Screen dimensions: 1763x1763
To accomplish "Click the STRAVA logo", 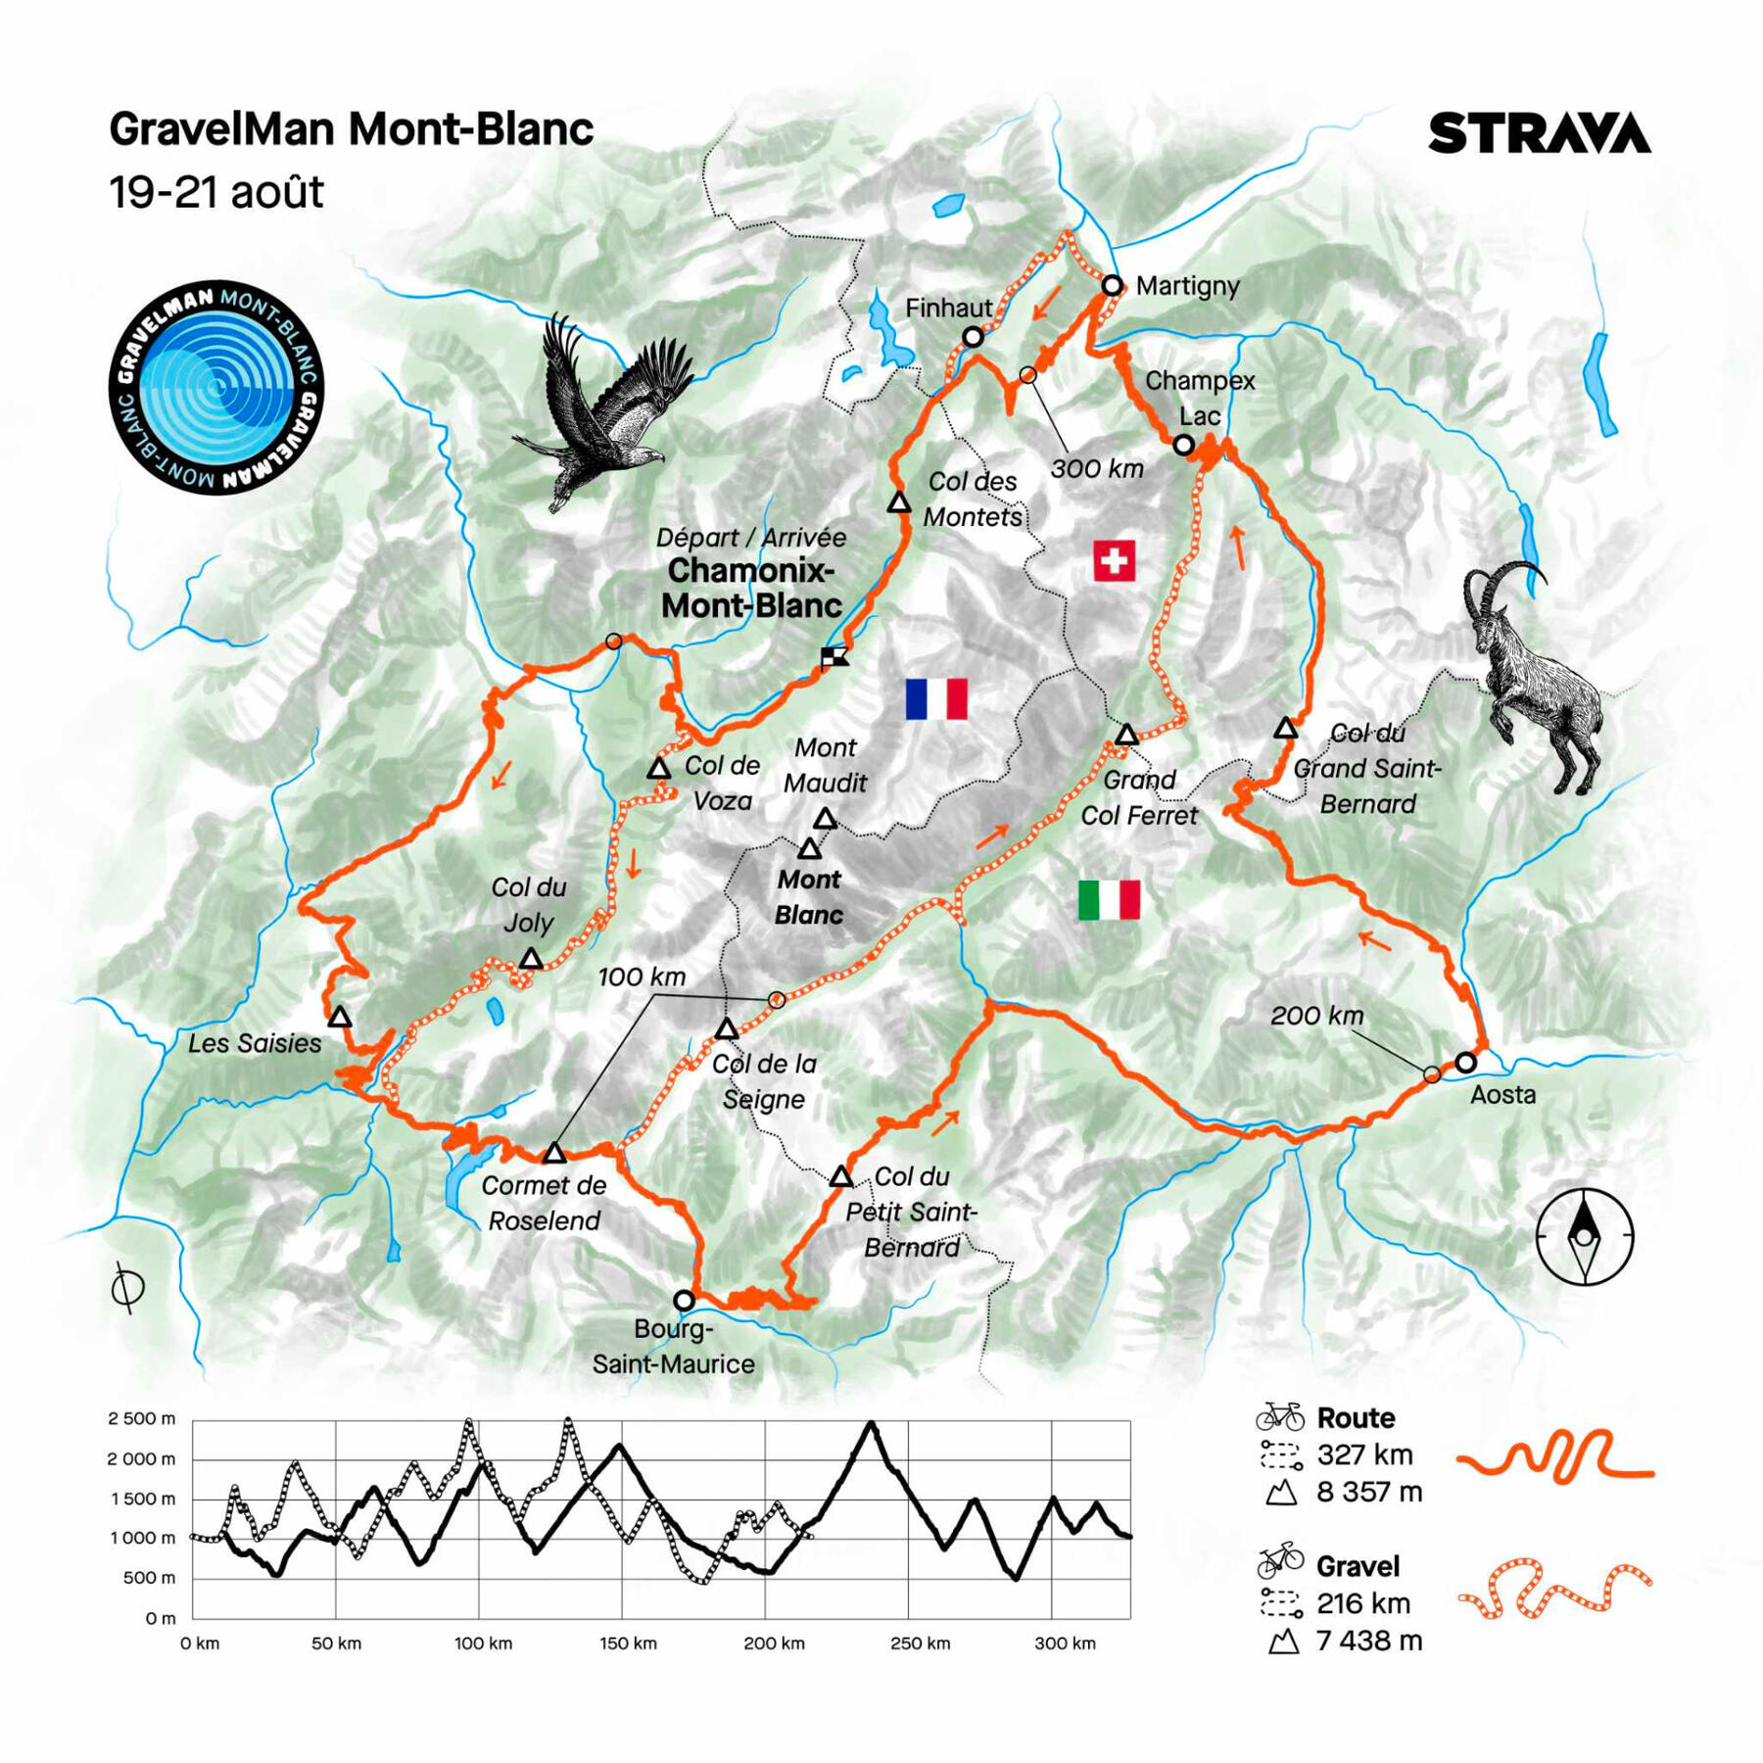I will click(1539, 133).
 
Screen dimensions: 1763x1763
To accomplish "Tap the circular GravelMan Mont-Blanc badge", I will click(215, 387).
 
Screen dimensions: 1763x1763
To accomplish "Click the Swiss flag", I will click(1114, 561).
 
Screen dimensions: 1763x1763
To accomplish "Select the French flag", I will click(936, 699).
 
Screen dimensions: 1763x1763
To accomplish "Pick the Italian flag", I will click(1109, 899).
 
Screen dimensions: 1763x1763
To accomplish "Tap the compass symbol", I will click(1584, 1236).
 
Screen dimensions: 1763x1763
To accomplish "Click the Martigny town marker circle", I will click(1112, 286).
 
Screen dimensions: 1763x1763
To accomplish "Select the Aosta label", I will click(1502, 1094).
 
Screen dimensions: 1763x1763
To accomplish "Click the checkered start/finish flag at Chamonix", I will click(834, 656).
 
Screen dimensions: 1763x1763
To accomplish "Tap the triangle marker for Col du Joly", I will click(531, 959).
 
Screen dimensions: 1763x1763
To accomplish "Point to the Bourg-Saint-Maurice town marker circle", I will click(684, 1301).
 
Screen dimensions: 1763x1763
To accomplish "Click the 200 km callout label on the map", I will click(1316, 1016).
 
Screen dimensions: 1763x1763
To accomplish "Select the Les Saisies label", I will click(255, 1043).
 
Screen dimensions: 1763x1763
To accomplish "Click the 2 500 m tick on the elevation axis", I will click(142, 1419).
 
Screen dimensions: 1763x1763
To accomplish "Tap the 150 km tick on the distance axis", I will click(628, 1644).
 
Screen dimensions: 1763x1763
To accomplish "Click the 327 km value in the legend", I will click(1364, 1455).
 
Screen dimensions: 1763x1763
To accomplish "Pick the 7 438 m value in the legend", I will click(1368, 1641).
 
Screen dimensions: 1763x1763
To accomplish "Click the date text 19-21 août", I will click(215, 192).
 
